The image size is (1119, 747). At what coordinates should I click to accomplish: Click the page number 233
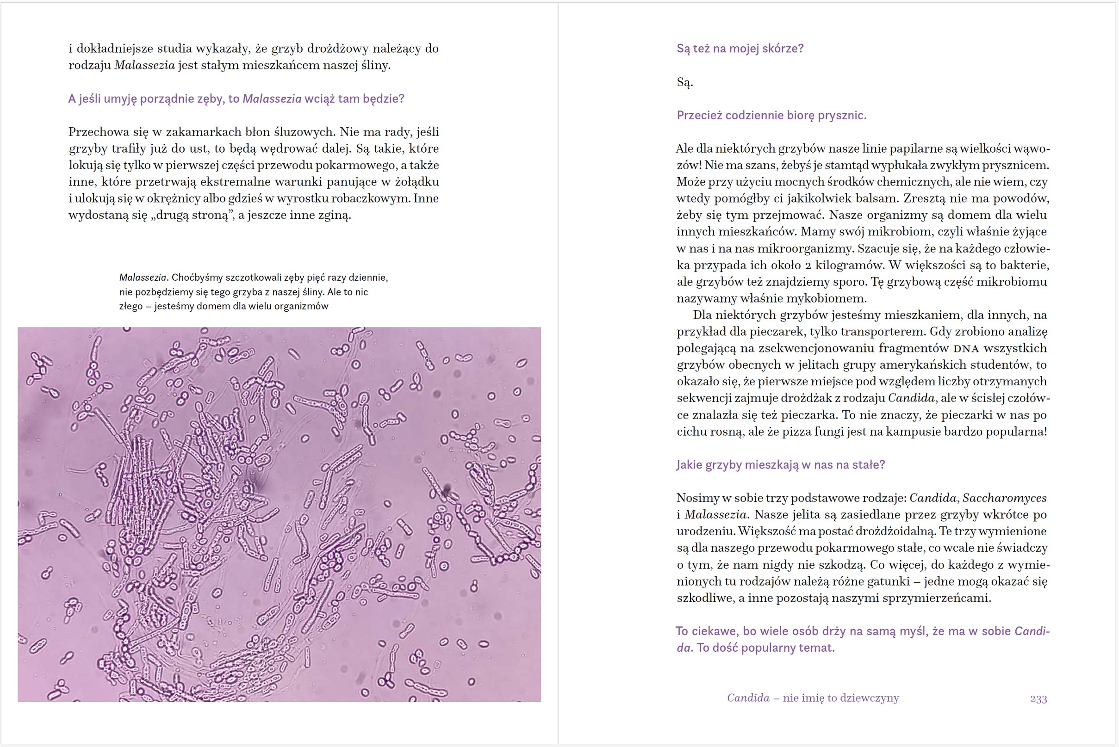[1038, 699]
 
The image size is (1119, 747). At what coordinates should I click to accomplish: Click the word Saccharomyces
[1004, 498]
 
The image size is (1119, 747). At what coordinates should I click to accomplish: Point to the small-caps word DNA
[966, 349]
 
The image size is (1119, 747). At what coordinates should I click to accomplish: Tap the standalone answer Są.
[684, 82]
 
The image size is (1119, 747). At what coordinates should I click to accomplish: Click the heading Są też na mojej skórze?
[740, 49]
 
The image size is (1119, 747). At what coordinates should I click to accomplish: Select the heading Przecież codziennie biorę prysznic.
[771, 115]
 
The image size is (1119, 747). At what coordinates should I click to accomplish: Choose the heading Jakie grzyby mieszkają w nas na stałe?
[780, 464]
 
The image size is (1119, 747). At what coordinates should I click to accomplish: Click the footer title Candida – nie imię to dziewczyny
[813, 698]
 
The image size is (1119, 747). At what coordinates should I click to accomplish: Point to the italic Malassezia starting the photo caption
[143, 277]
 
